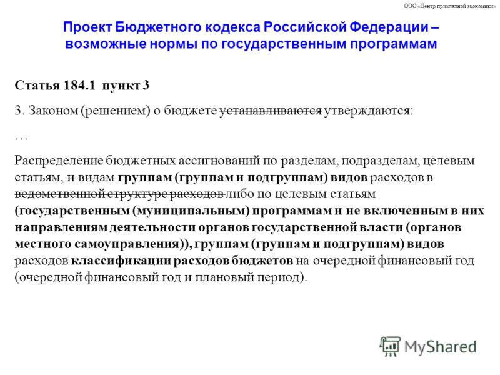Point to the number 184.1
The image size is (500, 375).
click(79, 85)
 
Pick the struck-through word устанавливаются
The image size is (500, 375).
click(271, 111)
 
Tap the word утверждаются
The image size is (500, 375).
click(369, 111)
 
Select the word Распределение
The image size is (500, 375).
click(59, 161)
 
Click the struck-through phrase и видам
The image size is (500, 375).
click(91, 177)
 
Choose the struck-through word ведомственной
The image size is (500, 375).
click(59, 194)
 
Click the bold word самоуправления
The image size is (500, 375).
click(127, 244)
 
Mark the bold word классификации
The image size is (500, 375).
click(121, 261)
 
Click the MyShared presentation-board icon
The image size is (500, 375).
click(390, 346)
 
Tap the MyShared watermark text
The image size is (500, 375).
click(441, 347)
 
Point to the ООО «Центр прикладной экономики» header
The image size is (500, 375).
click(450, 6)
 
